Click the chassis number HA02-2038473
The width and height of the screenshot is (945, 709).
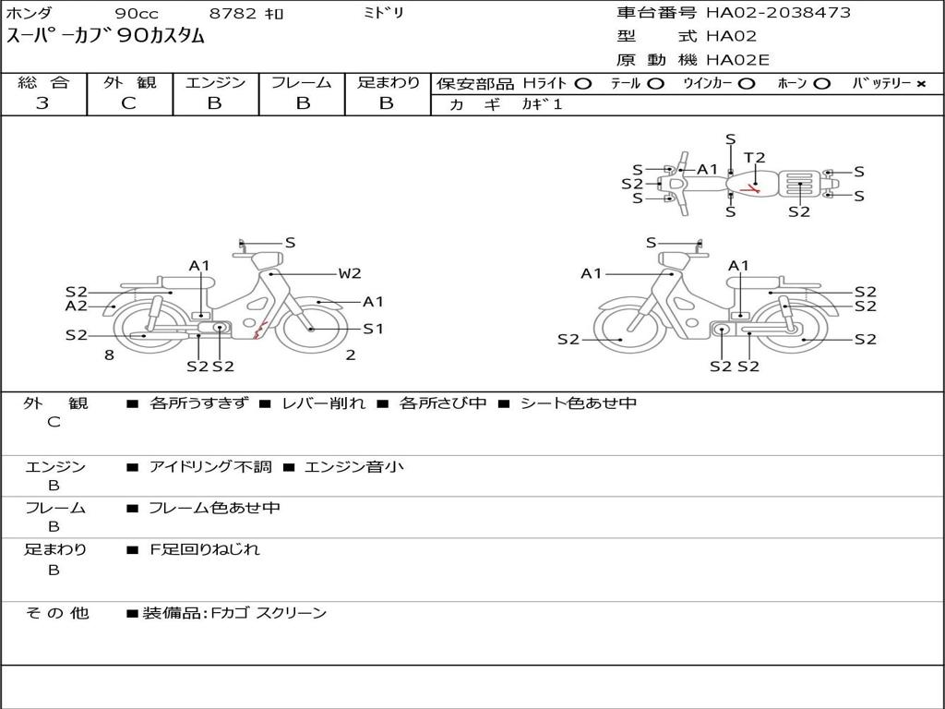click(x=778, y=13)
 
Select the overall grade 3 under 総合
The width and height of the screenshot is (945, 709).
click(x=42, y=103)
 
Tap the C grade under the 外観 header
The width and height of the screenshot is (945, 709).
click(x=128, y=103)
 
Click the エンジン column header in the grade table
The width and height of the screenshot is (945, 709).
click(x=215, y=82)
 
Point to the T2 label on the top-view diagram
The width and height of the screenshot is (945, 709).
click(x=754, y=158)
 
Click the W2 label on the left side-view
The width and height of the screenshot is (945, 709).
click(x=350, y=273)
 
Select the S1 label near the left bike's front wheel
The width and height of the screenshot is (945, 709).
click(x=373, y=330)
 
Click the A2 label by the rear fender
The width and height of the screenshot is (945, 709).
click(x=77, y=306)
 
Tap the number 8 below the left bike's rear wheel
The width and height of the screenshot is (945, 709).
click(x=109, y=355)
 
